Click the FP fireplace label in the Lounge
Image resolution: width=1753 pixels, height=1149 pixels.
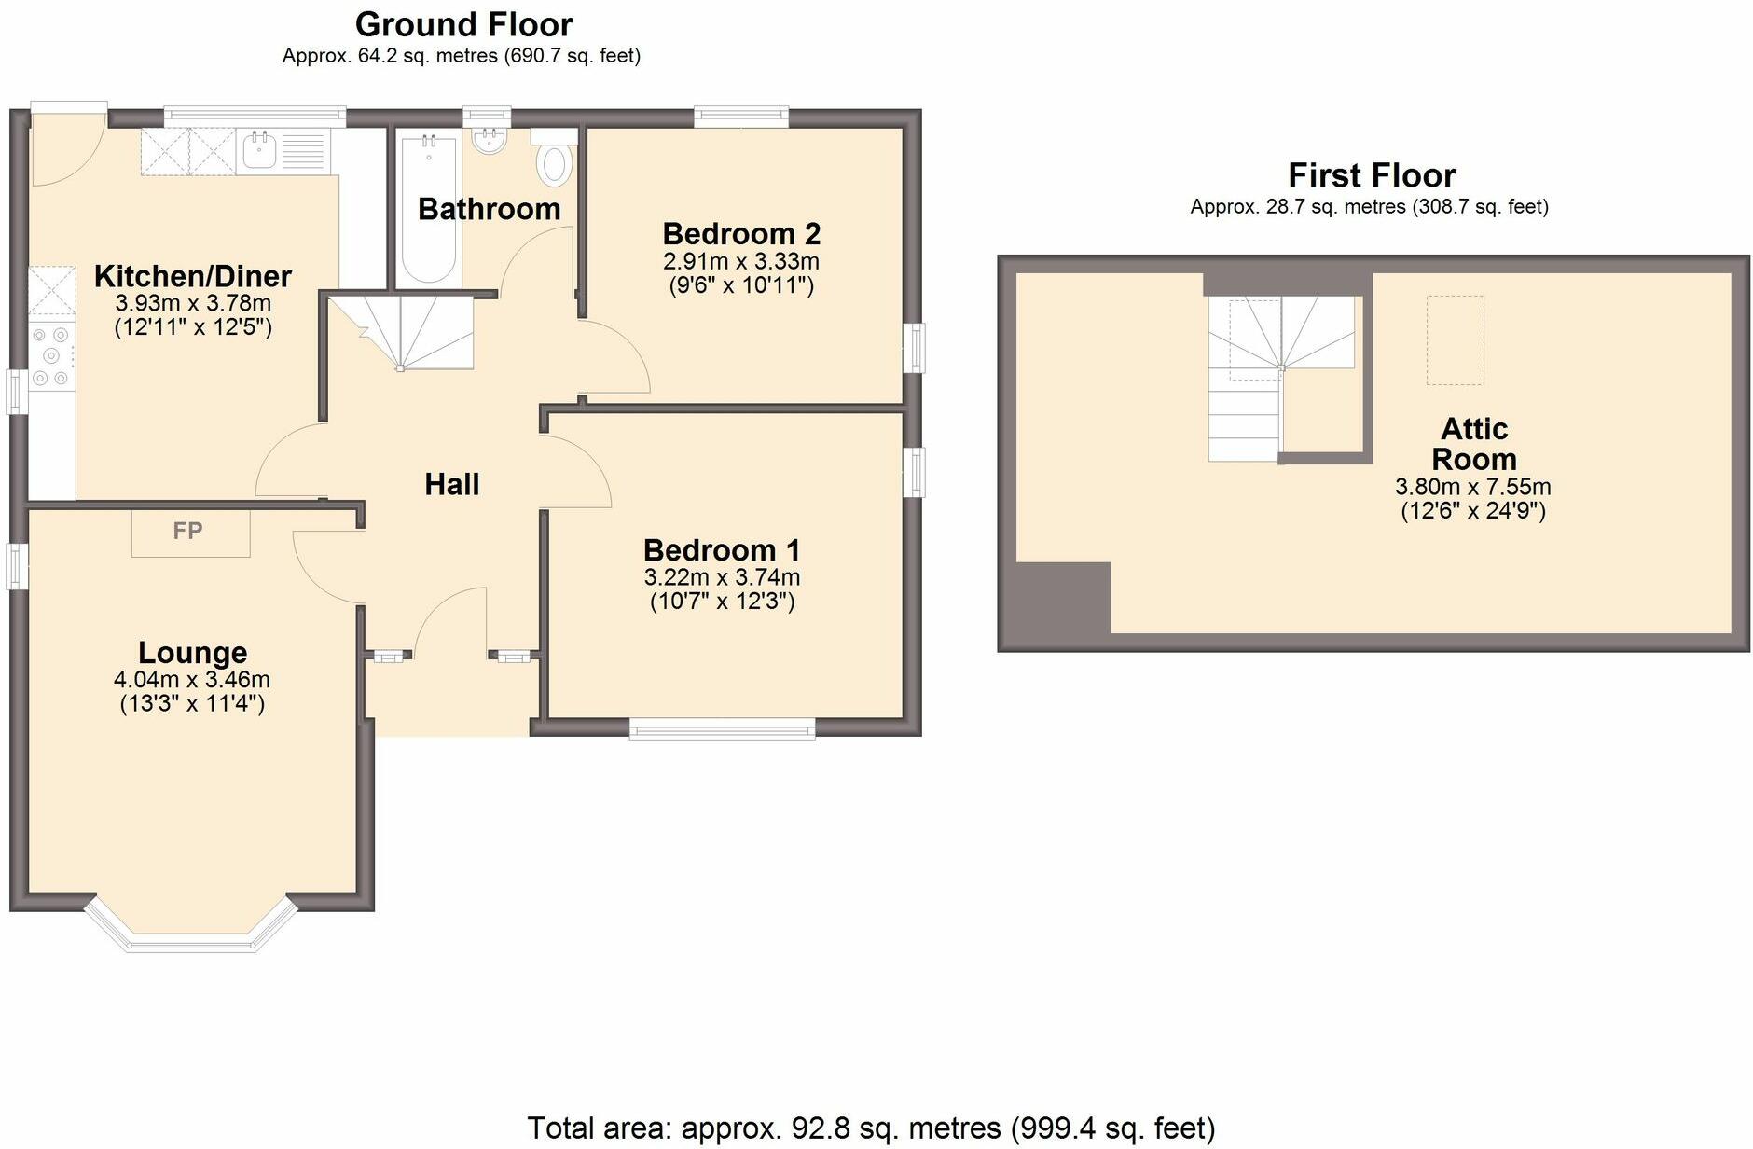click(x=188, y=532)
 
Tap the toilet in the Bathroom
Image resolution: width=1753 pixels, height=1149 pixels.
click(x=554, y=161)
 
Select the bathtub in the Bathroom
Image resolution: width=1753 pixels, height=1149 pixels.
click(x=428, y=210)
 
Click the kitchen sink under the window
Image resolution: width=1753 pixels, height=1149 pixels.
click(x=258, y=152)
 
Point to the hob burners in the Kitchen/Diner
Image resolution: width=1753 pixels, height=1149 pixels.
click(x=50, y=356)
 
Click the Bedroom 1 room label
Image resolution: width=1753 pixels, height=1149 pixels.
click(x=721, y=550)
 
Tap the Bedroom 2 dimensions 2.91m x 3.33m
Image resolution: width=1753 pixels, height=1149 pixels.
click(x=741, y=261)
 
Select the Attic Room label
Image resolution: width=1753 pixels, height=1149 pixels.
click(x=1473, y=444)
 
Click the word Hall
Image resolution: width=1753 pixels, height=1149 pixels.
click(x=452, y=484)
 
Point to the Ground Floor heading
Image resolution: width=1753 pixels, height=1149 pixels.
click(x=463, y=24)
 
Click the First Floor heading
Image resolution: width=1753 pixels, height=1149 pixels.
click(x=1371, y=175)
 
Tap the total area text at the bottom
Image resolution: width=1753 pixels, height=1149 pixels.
click(x=871, y=1128)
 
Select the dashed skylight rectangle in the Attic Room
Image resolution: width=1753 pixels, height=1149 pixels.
click(x=1455, y=340)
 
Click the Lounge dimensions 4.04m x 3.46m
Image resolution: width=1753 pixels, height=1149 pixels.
click(x=192, y=680)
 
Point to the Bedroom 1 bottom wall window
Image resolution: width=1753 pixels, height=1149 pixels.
click(x=722, y=727)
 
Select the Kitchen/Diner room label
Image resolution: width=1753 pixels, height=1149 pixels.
click(x=193, y=276)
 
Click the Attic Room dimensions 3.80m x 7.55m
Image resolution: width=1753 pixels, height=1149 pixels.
click(x=1472, y=487)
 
